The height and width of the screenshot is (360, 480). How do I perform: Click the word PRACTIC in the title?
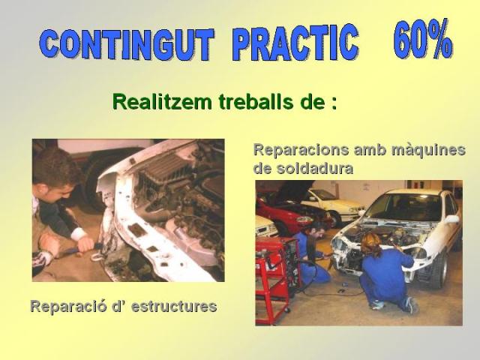pos(295,42)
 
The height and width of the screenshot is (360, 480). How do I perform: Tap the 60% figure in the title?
pos(423,38)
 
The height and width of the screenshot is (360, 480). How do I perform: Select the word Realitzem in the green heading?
pos(162,101)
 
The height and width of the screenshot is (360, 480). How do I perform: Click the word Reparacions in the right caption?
pos(301,151)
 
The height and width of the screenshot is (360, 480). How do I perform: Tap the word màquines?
pos(428,150)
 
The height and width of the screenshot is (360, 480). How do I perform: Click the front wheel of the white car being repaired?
pos(439,271)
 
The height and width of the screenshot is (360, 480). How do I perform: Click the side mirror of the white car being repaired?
pos(451,219)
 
